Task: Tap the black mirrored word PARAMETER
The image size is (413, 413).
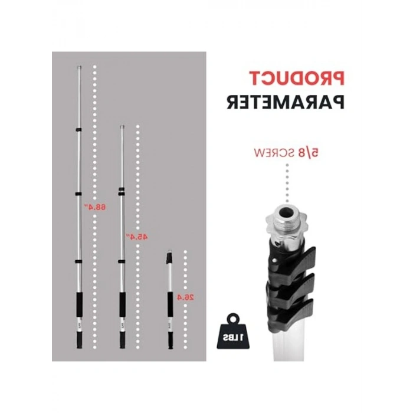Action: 286,101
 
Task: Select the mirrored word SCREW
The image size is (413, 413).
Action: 274,153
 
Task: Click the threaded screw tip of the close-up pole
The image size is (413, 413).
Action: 288,212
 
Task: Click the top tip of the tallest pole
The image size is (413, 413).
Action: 80,68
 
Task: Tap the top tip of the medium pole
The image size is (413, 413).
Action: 122,126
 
